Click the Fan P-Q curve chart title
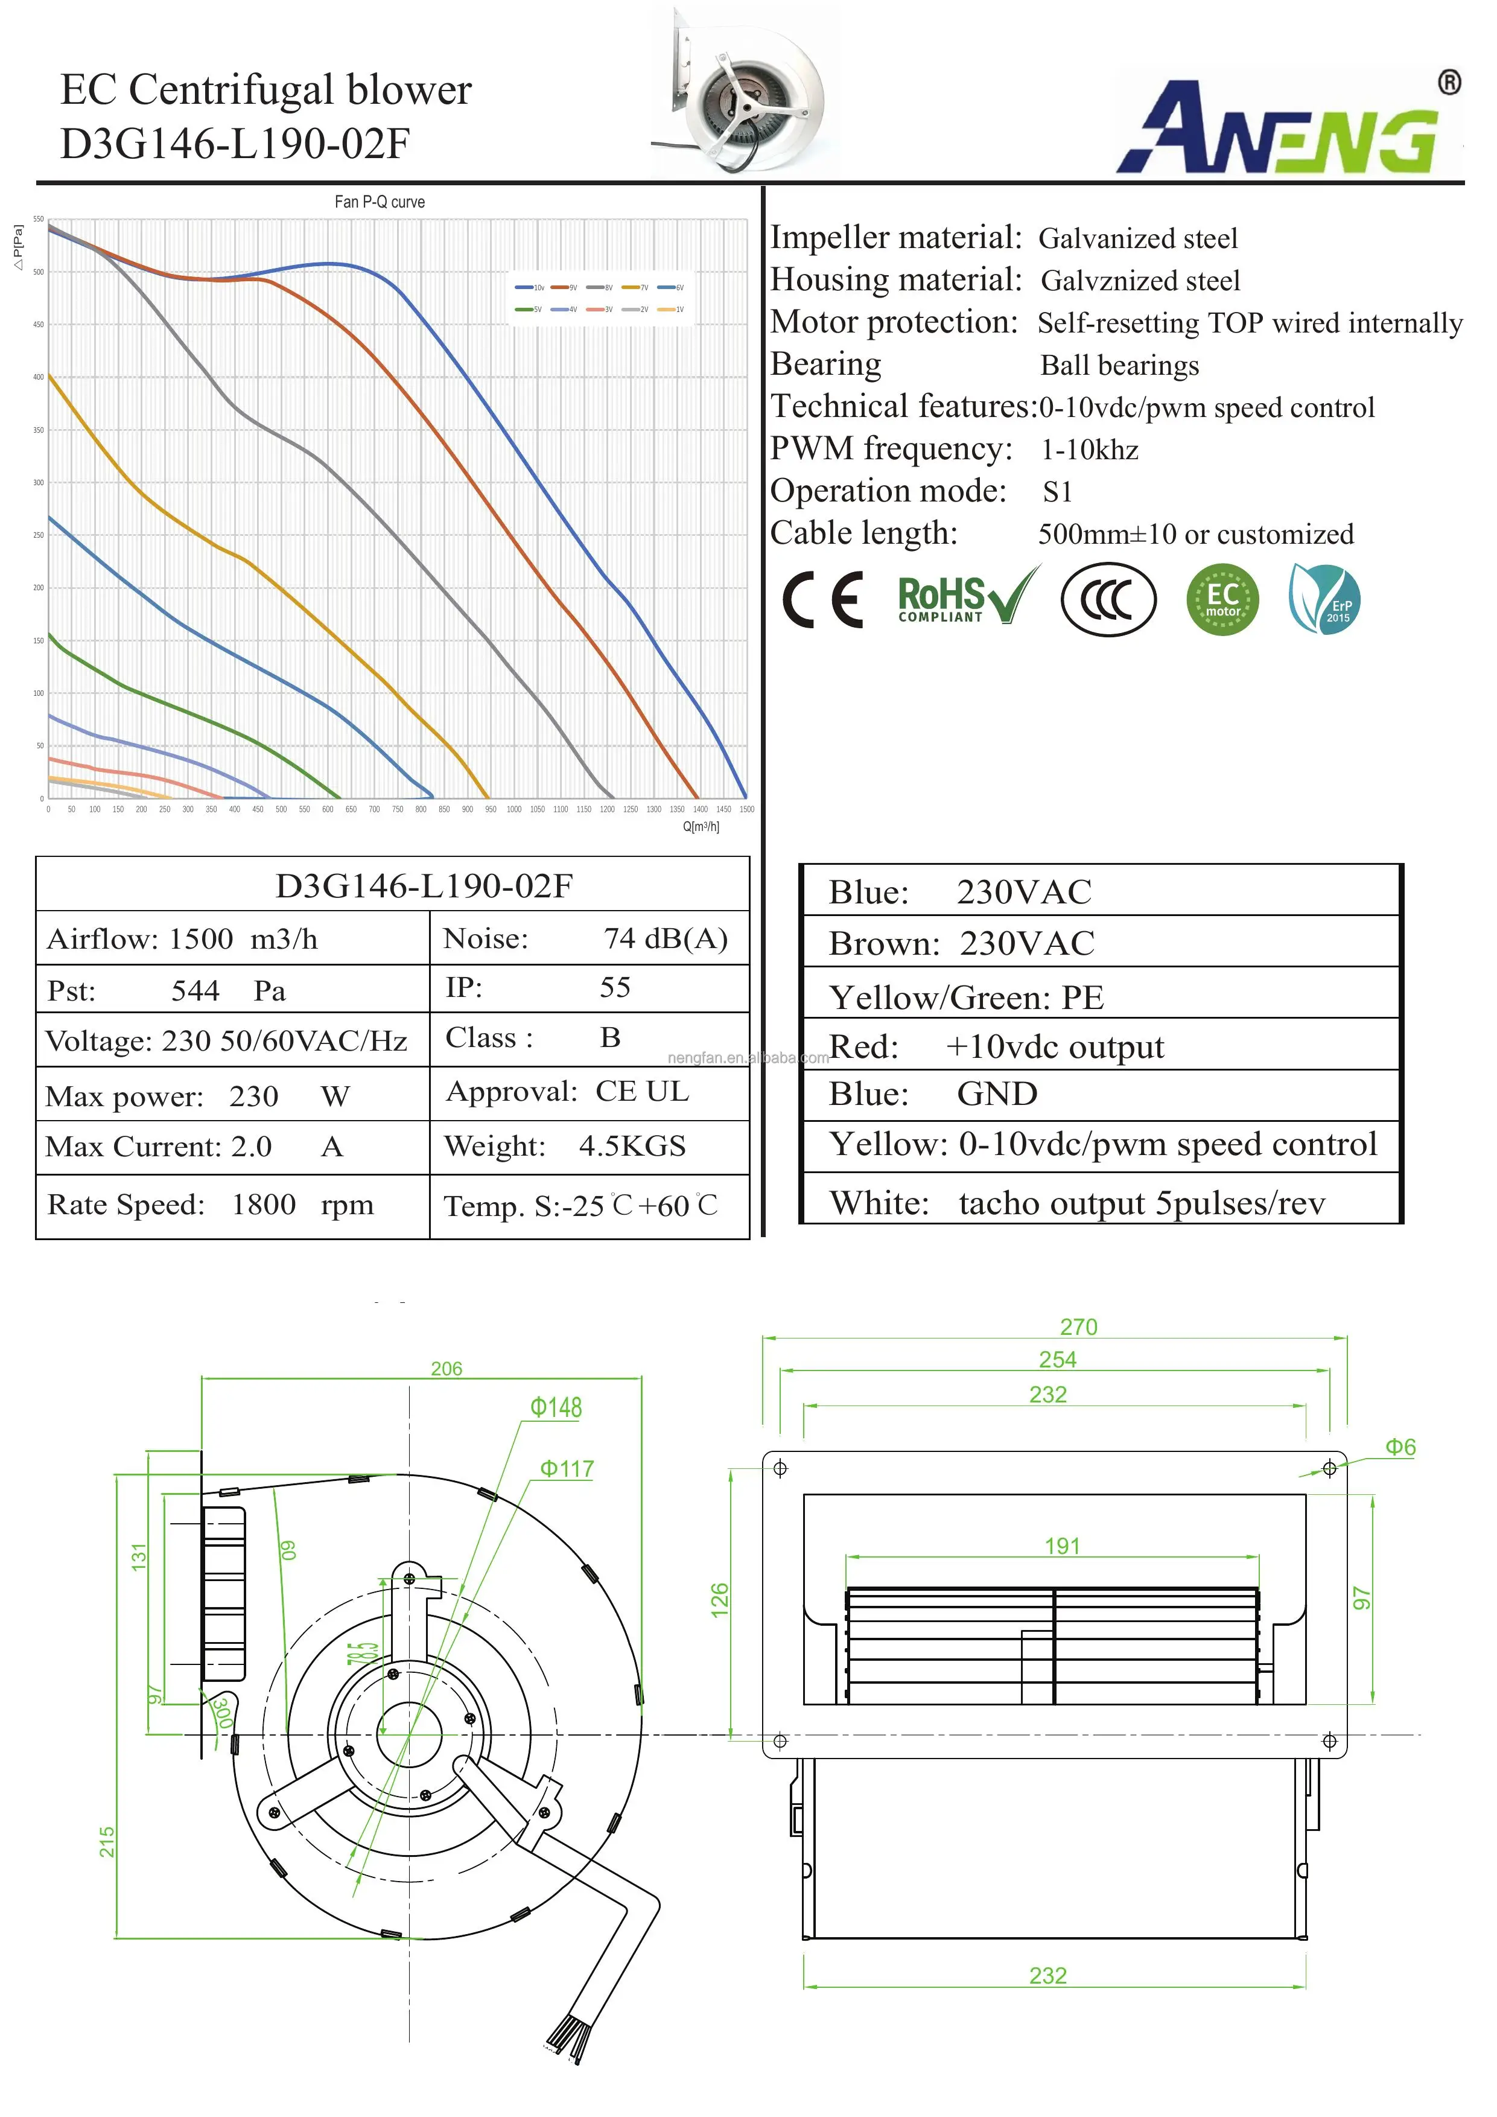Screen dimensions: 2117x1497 coord(379,202)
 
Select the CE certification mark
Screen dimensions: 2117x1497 coord(822,600)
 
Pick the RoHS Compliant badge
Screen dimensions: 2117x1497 coord(966,599)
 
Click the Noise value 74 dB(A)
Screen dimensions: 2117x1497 coord(664,938)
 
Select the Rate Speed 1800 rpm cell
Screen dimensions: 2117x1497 coord(210,1204)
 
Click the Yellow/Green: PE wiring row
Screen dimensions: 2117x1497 coord(965,998)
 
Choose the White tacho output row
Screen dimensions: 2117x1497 coord(1076,1202)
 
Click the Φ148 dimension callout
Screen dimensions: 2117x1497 coord(556,1408)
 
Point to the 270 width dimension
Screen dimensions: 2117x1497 coord(1078,1327)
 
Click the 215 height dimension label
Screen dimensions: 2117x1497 coord(108,1841)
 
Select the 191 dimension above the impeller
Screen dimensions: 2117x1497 coord(1062,1546)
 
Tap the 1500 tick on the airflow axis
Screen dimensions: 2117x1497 coord(746,809)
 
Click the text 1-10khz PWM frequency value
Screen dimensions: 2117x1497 coord(1090,450)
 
